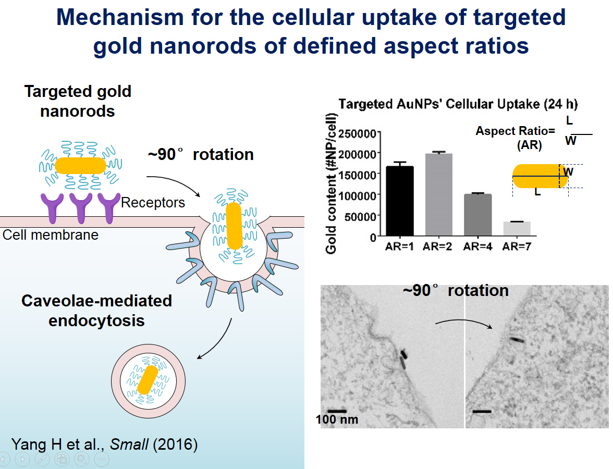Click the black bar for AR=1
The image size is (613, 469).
pyautogui.click(x=399, y=201)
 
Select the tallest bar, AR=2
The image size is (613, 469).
pyautogui.click(x=439, y=195)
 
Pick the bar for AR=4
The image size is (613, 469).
pyautogui.click(x=477, y=215)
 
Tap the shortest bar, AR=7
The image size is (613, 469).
pyautogui.click(x=517, y=229)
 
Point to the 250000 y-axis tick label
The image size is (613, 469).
pyautogui.click(x=358, y=133)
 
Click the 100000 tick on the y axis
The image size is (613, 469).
pyautogui.click(x=358, y=195)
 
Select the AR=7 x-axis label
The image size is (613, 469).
pyautogui.click(x=517, y=246)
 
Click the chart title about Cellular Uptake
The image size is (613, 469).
pyautogui.click(x=458, y=104)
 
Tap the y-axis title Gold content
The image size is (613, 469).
pyautogui.click(x=331, y=183)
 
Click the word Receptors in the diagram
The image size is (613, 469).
pyautogui.click(x=153, y=202)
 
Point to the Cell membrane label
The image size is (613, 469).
pyautogui.click(x=51, y=235)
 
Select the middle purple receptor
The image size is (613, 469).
pyautogui.click(x=81, y=208)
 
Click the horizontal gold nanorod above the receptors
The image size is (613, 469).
pyautogui.click(x=80, y=166)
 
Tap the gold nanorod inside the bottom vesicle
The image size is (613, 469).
pyautogui.click(x=148, y=380)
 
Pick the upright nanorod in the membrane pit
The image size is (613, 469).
pyautogui.click(x=234, y=226)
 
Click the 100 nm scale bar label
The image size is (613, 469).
pyautogui.click(x=337, y=419)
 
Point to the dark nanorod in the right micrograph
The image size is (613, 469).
pyautogui.click(x=517, y=340)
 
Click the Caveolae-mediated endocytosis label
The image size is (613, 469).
pyautogui.click(x=96, y=311)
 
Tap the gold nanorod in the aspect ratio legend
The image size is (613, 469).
pyautogui.click(x=540, y=176)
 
